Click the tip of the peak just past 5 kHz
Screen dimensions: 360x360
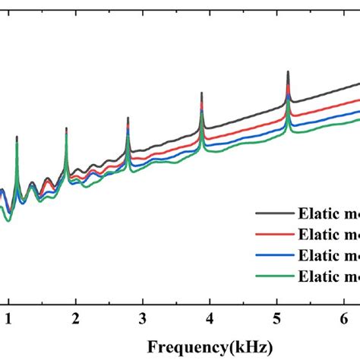point(288,71)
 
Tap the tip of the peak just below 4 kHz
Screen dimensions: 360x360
point(201,93)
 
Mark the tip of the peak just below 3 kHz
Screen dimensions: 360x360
point(128,116)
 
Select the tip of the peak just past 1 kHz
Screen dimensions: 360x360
point(17,137)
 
